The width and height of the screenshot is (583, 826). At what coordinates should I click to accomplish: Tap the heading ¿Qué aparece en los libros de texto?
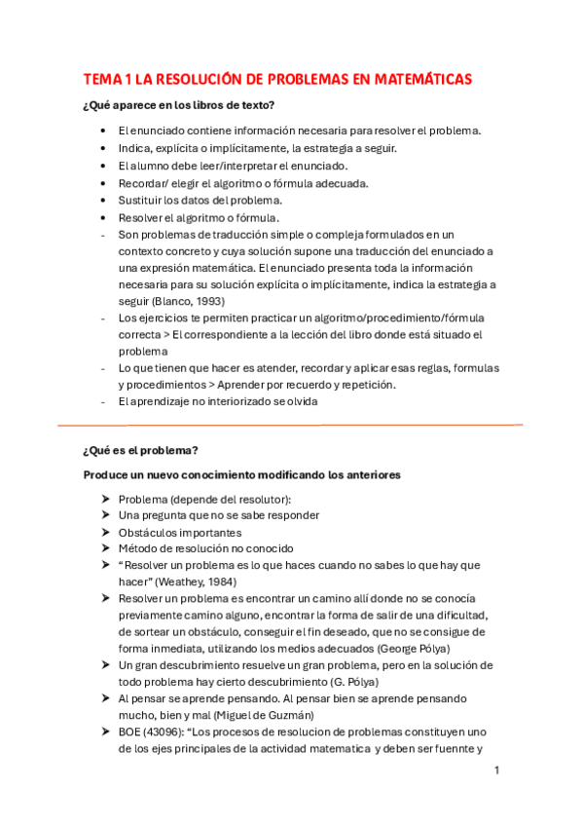[179, 104]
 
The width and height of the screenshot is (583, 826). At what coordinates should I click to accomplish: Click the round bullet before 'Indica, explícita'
[104, 148]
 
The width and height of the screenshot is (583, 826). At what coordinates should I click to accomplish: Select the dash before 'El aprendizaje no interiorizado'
[103, 402]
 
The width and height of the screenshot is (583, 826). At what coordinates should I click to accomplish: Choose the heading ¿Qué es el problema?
[141, 450]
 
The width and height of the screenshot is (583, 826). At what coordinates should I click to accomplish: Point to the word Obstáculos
[152, 533]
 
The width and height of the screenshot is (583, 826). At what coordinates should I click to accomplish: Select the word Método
[139, 549]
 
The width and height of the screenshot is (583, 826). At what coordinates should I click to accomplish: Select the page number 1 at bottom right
[496, 770]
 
